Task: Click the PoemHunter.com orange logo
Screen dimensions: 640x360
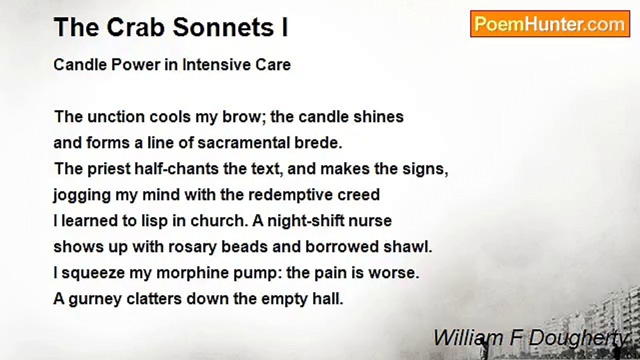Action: click(x=550, y=24)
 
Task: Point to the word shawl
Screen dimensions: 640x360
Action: click(x=408, y=246)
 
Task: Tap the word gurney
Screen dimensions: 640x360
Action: click(x=95, y=299)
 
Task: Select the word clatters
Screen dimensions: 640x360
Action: click(x=154, y=299)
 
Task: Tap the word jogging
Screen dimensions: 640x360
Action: click(x=82, y=195)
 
